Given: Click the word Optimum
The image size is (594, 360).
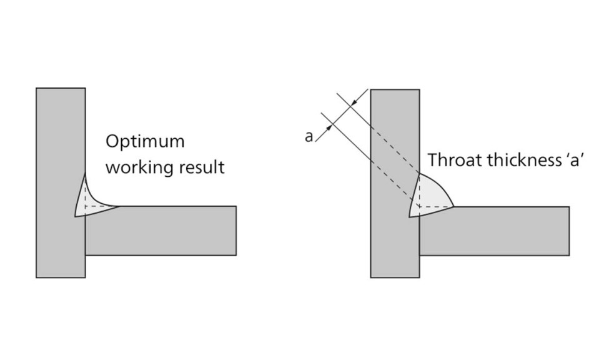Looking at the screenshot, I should tap(145, 141).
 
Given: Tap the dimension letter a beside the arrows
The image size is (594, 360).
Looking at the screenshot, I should tap(309, 136).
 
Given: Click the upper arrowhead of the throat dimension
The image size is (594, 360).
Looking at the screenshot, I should tap(354, 101).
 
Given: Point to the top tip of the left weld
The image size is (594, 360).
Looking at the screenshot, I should tap(85, 176).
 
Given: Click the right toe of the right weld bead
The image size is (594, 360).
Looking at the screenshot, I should tap(453, 206).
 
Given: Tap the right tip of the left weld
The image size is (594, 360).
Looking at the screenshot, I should tap(119, 206).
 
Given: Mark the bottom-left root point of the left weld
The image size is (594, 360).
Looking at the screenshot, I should tap(75, 216).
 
